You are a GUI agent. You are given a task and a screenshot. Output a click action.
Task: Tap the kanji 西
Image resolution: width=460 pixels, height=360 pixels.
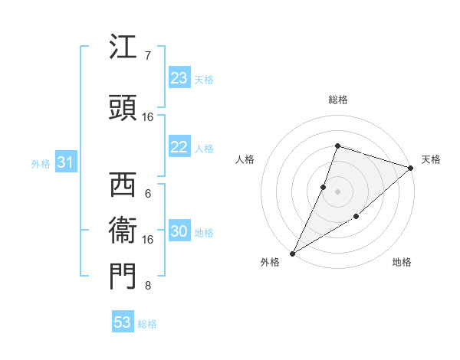click(123, 185)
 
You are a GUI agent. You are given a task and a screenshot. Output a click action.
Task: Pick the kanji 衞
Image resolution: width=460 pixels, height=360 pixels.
click(123, 231)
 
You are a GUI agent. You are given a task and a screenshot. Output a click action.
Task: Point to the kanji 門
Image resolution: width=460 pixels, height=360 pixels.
click(123, 277)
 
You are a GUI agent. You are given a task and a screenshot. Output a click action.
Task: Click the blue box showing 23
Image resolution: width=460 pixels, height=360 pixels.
click(179, 78)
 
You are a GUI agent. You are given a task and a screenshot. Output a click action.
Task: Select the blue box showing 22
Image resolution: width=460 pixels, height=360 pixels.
click(179, 148)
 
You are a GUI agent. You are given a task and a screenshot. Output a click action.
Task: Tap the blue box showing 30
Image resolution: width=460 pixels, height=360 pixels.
click(179, 232)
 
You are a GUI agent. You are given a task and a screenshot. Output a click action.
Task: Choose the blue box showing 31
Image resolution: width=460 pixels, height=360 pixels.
click(65, 163)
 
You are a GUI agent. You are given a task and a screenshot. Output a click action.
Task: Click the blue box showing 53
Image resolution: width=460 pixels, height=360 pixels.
click(123, 322)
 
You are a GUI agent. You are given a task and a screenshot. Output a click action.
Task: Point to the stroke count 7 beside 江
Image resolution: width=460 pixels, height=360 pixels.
click(148, 55)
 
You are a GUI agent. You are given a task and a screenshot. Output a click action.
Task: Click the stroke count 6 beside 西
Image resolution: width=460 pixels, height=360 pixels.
click(148, 193)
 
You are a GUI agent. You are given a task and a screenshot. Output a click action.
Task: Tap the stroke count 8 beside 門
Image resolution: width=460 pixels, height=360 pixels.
click(148, 286)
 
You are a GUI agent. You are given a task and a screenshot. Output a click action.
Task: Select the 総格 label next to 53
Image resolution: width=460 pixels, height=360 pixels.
click(147, 324)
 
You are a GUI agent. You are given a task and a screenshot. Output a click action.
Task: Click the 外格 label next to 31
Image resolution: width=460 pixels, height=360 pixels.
click(41, 164)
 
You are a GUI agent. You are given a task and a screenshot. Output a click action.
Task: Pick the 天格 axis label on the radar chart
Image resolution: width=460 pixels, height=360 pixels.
click(431, 159)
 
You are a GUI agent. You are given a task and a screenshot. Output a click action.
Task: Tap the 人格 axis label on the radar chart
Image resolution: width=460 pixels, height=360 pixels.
click(245, 159)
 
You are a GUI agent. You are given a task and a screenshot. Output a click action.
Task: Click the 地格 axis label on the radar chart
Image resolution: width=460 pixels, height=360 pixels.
click(402, 263)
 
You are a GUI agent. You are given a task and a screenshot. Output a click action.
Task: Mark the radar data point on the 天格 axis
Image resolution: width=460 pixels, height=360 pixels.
click(410, 168)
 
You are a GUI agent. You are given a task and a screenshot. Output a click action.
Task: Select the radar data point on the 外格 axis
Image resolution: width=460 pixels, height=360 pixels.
click(292, 253)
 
